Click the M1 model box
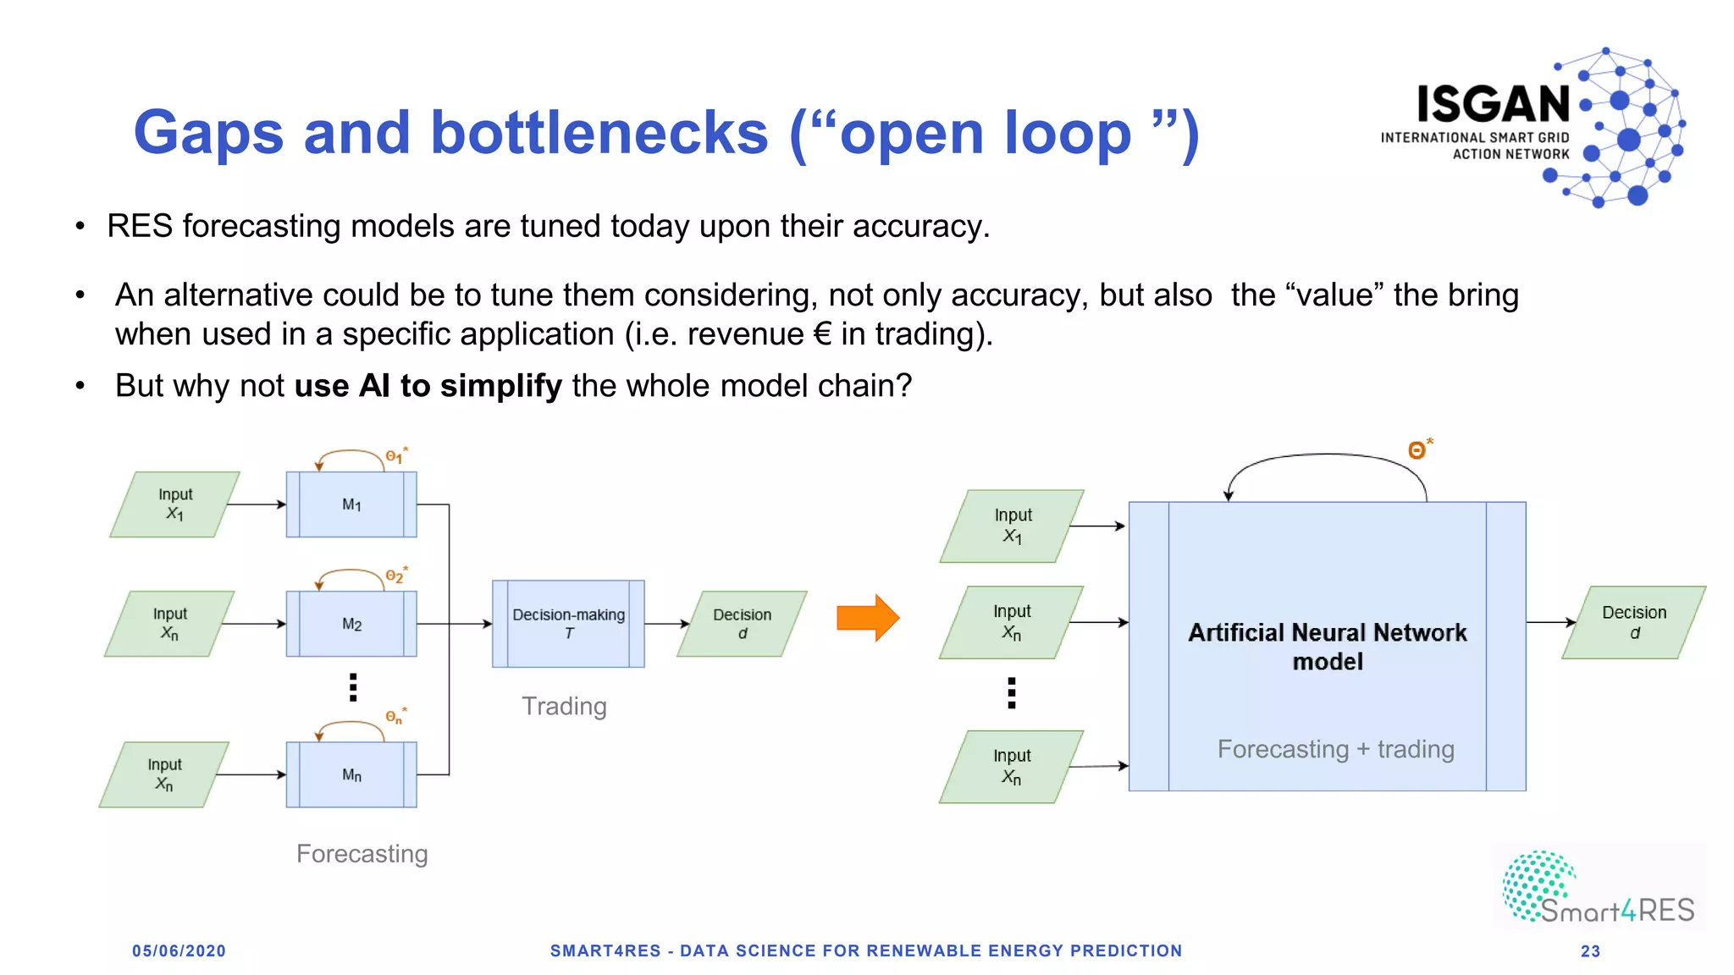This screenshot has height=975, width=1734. click(351, 504)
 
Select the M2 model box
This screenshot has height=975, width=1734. click(351, 624)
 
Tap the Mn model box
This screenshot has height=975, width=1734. click(351, 774)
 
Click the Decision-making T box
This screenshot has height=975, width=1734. click(568, 624)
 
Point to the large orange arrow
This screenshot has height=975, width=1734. click(867, 618)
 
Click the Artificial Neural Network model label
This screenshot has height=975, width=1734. click(1327, 647)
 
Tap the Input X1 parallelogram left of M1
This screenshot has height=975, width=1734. click(175, 504)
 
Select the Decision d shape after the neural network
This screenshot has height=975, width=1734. click(1633, 622)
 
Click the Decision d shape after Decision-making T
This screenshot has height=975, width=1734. click(742, 624)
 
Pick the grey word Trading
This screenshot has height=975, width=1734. click(564, 706)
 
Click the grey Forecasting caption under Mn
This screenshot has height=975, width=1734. click(362, 853)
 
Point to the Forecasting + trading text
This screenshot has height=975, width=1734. click(1335, 749)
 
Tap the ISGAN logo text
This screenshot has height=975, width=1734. click(1494, 105)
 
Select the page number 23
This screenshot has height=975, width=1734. click(1590, 951)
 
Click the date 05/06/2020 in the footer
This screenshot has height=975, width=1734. click(179, 951)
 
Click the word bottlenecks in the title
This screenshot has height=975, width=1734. click(599, 133)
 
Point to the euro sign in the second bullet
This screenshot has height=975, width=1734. click(821, 334)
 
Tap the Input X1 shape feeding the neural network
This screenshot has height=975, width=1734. click(1013, 526)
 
